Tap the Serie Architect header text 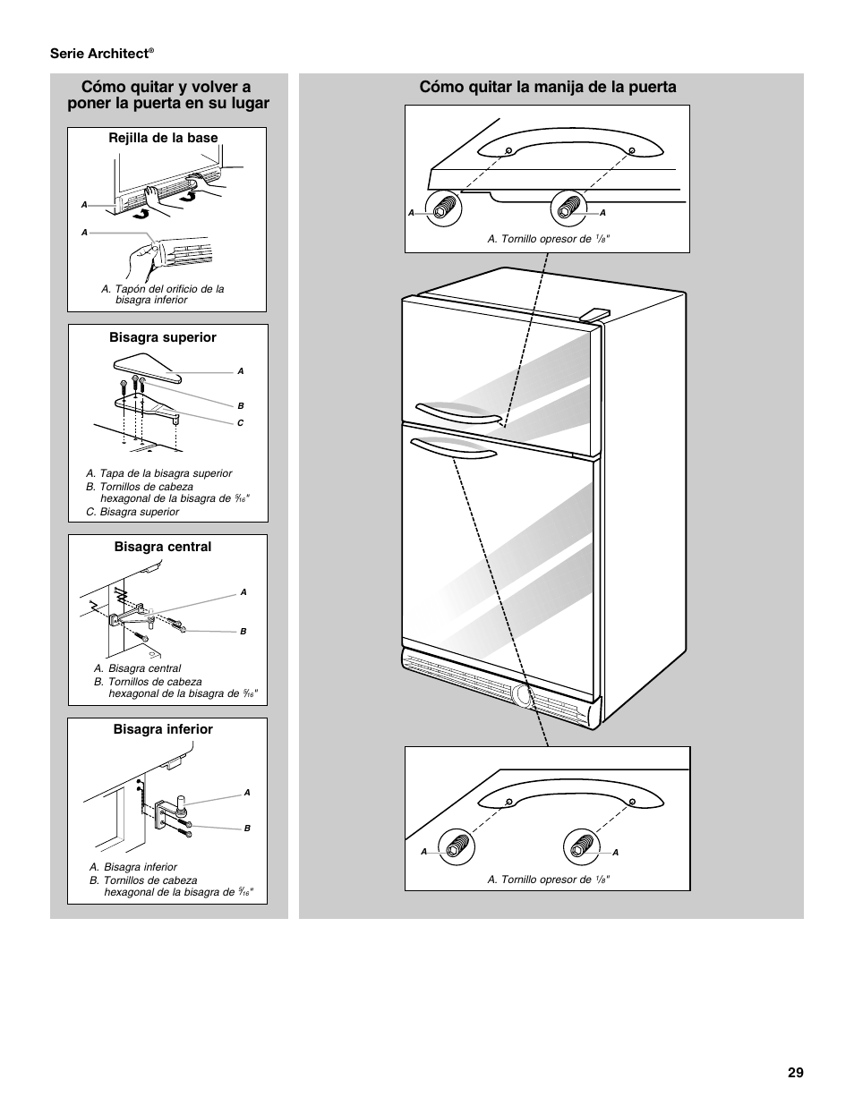(101, 54)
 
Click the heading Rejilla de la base (164, 138)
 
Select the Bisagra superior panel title (163, 337)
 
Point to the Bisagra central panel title (163, 547)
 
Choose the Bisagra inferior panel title (163, 729)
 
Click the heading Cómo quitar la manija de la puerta (548, 87)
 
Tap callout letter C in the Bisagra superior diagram (241, 423)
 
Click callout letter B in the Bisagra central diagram (243, 632)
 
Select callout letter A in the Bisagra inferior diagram (247, 793)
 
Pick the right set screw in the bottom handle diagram (581, 846)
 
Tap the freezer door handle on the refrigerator (457, 413)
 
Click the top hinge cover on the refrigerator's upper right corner (594, 313)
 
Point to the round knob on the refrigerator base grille (522, 698)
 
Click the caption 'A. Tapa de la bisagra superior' (158, 473)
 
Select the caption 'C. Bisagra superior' (132, 512)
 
